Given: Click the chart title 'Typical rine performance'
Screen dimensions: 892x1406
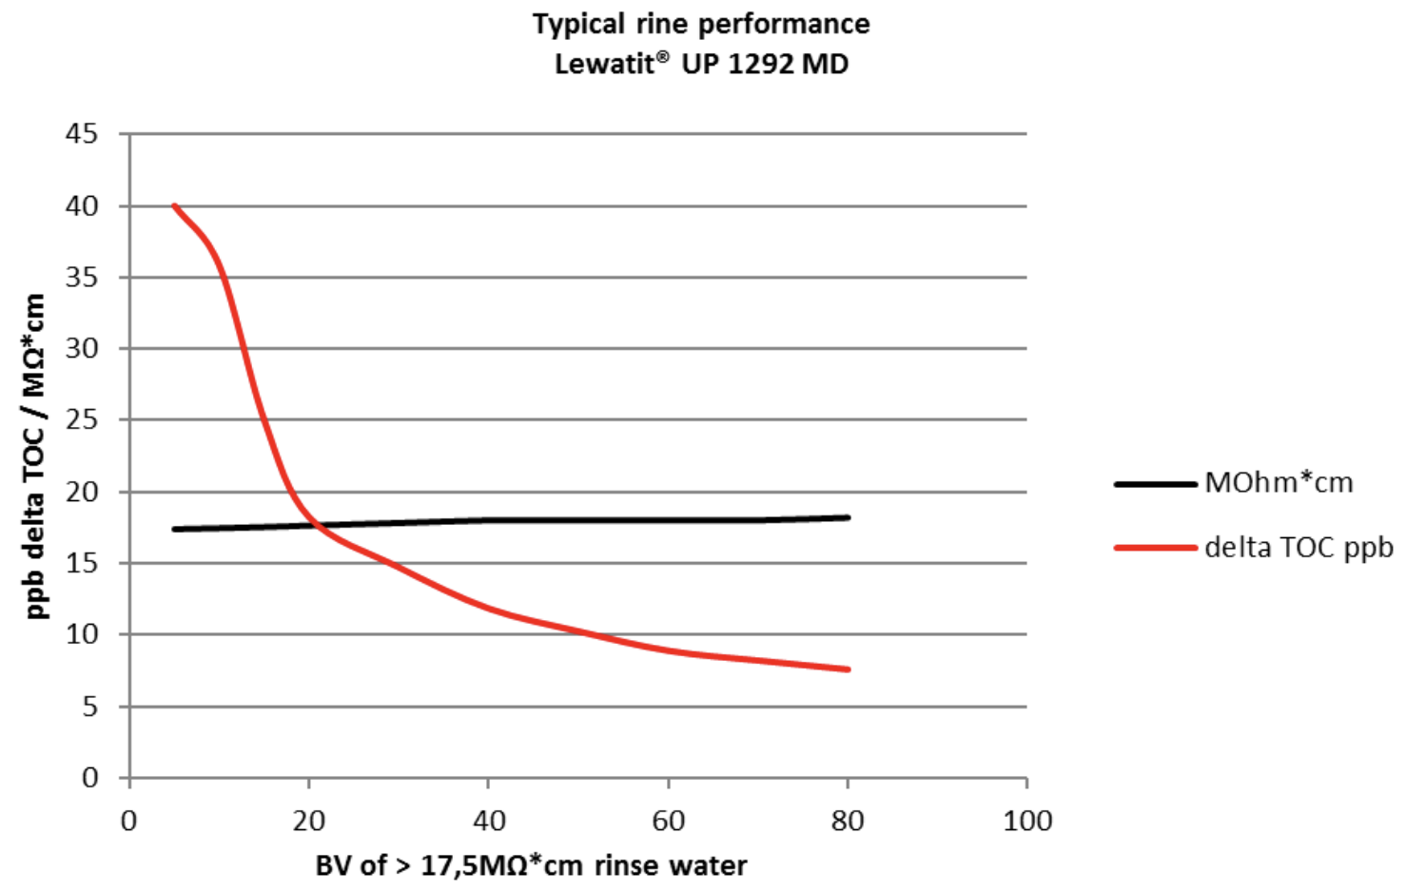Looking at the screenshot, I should [x=701, y=24].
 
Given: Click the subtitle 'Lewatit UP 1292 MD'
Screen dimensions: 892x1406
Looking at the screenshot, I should [x=701, y=65].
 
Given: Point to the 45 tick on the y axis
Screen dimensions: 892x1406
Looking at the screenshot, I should [x=82, y=134].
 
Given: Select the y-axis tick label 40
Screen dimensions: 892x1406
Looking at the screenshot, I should [x=82, y=205].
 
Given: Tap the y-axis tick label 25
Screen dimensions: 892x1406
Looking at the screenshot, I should [x=82, y=419].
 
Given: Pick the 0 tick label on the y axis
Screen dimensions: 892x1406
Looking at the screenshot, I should [x=89, y=778].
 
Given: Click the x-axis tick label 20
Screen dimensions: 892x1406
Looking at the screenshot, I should [x=309, y=821].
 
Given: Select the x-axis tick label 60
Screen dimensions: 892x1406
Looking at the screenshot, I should [x=669, y=821].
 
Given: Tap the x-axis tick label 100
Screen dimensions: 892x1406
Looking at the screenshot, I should [x=1027, y=821].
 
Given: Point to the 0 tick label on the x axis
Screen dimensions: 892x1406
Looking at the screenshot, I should [x=129, y=821].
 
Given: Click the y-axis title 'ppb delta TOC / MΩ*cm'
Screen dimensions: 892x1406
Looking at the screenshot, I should [x=34, y=456].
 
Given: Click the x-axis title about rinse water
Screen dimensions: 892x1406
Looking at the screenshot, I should [x=531, y=866].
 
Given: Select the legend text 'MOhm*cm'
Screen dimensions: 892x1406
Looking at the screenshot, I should [x=1279, y=483].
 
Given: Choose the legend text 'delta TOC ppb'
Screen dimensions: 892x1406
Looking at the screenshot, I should [x=1299, y=548].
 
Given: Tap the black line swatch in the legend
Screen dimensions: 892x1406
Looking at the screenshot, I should [x=1155, y=484].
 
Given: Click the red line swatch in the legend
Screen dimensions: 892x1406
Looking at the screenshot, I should [x=1155, y=548].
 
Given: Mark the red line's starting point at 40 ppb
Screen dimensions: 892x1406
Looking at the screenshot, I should [x=175, y=206].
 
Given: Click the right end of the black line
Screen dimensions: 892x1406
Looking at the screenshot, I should [x=847, y=517].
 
